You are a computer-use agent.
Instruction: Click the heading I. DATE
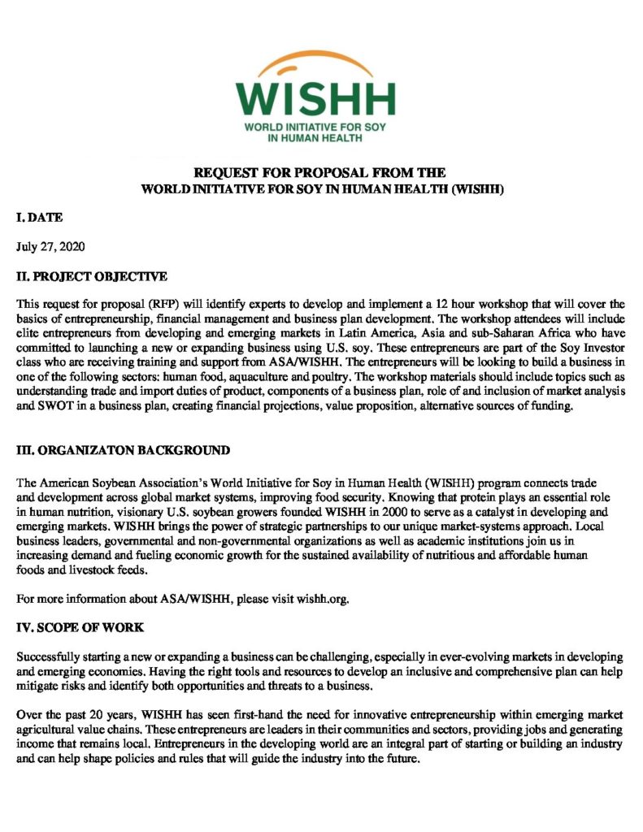tap(40, 219)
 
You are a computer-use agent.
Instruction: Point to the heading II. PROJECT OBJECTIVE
tap(92, 276)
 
